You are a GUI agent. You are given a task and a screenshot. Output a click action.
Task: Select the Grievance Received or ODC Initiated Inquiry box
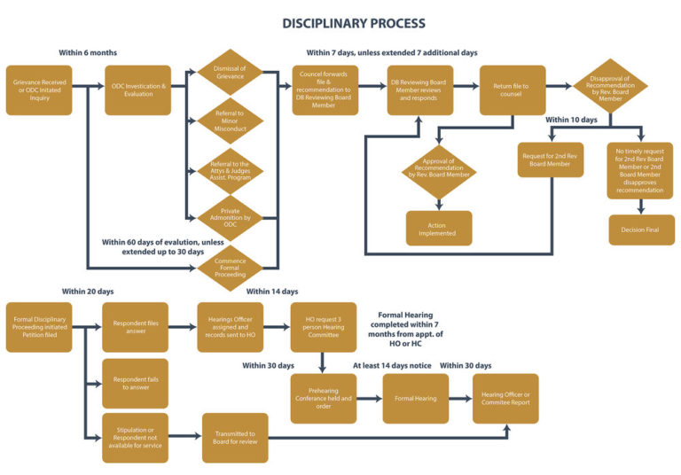tap(38, 90)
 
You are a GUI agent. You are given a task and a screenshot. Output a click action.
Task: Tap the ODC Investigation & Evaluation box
tap(137, 90)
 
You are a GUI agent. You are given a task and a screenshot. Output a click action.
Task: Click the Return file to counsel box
tap(512, 90)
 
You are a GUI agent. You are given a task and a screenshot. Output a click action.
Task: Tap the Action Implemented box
tap(438, 229)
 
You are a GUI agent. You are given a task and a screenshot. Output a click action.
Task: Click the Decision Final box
tap(641, 230)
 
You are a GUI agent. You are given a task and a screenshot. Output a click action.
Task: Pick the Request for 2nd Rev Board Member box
tap(551, 160)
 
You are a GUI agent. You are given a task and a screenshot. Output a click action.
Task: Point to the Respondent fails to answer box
tap(136, 383)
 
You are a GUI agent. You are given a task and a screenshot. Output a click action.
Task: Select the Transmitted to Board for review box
tap(235, 437)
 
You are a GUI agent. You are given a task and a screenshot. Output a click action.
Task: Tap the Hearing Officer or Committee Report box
tap(505, 398)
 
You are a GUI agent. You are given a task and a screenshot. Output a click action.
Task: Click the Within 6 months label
tap(88, 53)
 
